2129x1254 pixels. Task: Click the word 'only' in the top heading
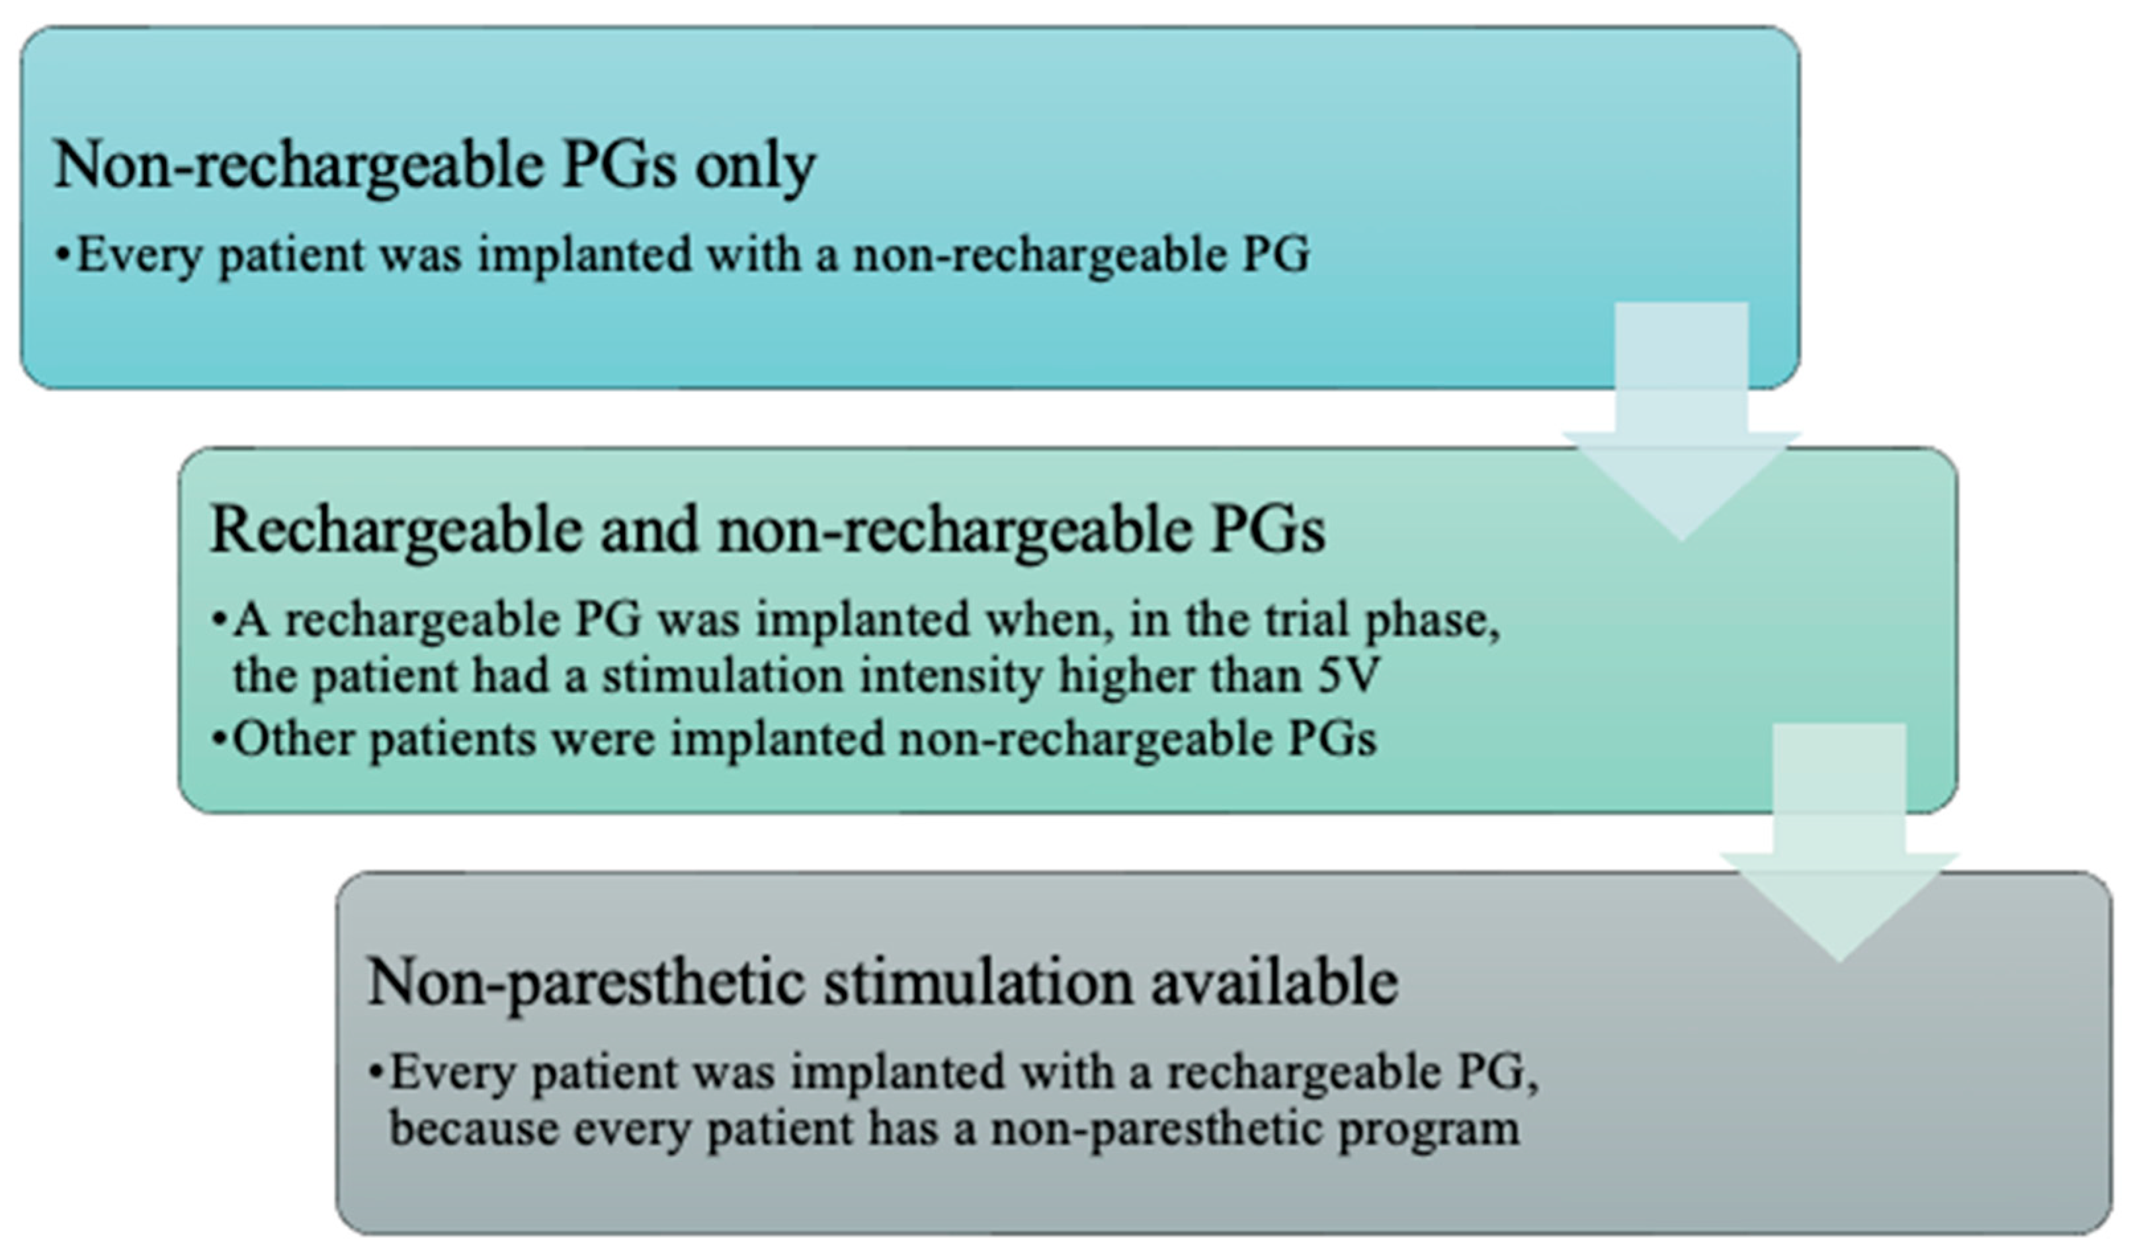pyautogui.click(x=755, y=167)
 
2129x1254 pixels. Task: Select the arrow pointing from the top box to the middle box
pyautogui.click(x=1681, y=421)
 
